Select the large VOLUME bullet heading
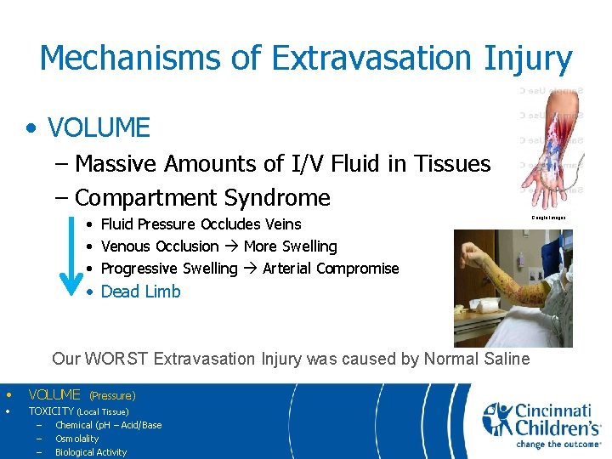(99, 128)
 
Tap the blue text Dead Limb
(140, 292)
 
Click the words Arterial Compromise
(331, 269)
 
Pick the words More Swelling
(290, 246)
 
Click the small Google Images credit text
(548, 218)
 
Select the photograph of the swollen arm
(513, 287)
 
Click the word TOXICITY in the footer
(52, 411)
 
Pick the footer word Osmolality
(77, 439)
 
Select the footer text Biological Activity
(91, 452)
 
